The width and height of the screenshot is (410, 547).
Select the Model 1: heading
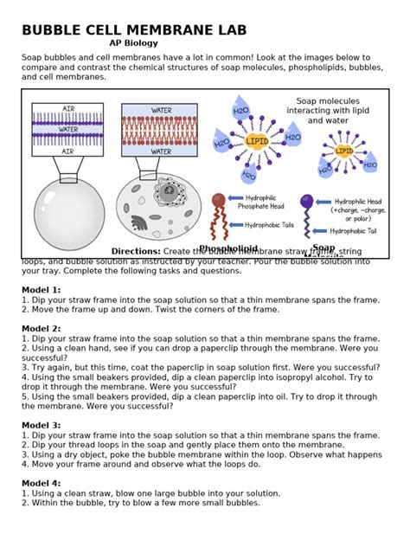(x=42, y=289)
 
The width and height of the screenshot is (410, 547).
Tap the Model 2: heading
(x=42, y=328)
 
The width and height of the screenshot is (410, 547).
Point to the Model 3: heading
(x=42, y=425)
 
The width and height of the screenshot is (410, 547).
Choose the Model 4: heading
(x=42, y=483)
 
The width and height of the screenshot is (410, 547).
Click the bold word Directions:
(x=136, y=251)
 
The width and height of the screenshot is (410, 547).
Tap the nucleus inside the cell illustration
(x=163, y=190)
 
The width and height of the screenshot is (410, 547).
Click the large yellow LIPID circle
(x=257, y=140)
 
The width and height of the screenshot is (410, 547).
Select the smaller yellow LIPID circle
(x=344, y=150)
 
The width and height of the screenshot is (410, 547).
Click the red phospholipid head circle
(x=219, y=201)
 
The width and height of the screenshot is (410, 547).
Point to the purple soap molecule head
(x=306, y=202)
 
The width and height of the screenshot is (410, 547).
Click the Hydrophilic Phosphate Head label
(x=269, y=202)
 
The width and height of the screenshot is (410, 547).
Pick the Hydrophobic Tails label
(x=270, y=225)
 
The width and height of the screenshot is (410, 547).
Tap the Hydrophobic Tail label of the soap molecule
(x=356, y=231)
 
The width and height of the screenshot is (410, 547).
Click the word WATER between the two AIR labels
(x=68, y=129)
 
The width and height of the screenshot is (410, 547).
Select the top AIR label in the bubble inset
(x=68, y=108)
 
